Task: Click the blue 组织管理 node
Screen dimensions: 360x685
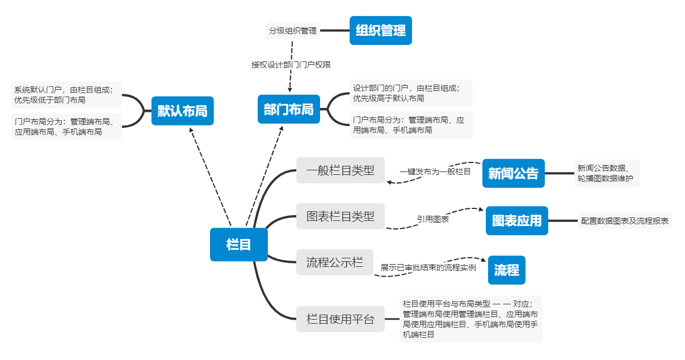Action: pos(380,30)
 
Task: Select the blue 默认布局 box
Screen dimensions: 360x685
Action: pos(182,111)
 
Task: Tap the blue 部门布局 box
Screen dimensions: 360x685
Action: pos(288,109)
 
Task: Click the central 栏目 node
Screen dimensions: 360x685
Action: pos(238,245)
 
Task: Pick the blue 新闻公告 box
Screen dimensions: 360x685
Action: pos(513,173)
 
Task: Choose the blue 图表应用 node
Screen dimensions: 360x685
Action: pos(516,220)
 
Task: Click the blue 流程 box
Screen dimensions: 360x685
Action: pos(506,270)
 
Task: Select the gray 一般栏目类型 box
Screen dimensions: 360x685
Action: pos(340,170)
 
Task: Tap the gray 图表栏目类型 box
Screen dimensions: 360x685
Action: pos(340,216)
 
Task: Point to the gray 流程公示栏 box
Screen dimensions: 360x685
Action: pos(334,262)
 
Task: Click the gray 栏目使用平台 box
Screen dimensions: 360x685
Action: pos(340,319)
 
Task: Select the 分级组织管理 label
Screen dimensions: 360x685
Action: pos(293,31)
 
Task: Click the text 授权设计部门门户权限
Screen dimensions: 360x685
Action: pos(291,65)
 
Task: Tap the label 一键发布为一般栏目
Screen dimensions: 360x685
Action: pos(435,171)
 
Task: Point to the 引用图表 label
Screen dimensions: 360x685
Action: pos(433,219)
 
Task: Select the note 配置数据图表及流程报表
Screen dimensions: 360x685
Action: pos(624,221)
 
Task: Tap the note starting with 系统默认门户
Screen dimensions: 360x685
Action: pos(66,95)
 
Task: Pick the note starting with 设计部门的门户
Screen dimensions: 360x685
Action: pos(411,93)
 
